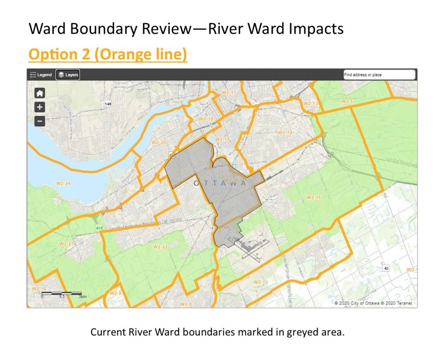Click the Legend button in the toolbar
(x=41, y=75)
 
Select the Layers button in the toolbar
(x=68, y=75)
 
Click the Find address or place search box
(x=379, y=75)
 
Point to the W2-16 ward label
(x=314, y=197)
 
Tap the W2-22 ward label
(x=160, y=247)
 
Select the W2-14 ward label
(x=284, y=133)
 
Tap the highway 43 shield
(x=386, y=268)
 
